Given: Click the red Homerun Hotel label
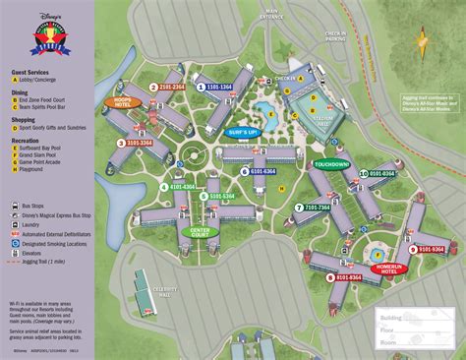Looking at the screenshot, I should pyautogui.click(x=390, y=266).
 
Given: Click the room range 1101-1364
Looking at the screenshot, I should pyautogui.click(x=218, y=87).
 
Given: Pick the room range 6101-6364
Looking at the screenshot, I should pyautogui.click(x=263, y=170).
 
